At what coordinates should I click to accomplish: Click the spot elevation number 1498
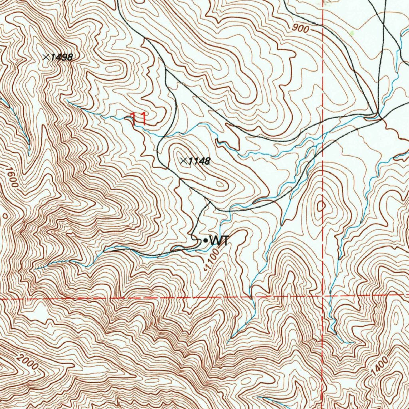62,57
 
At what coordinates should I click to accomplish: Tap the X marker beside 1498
46,57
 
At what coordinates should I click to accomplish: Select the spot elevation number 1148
199,161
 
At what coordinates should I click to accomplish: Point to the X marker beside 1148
183,161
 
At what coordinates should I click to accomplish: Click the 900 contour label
300,28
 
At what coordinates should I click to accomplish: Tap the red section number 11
138,118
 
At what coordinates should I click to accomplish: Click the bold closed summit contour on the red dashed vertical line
321,206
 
